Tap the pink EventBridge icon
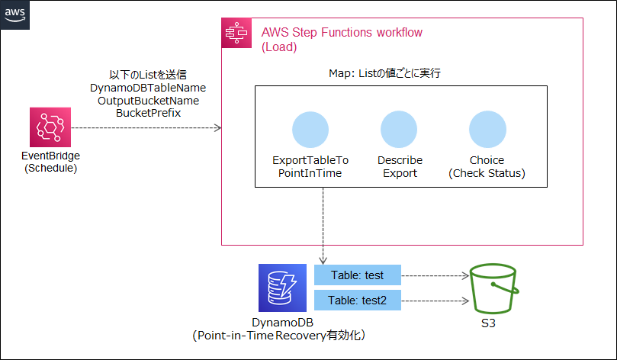50,127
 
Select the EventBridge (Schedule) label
50,162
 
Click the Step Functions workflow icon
236,34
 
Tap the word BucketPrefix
148,112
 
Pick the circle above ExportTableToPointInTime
310,130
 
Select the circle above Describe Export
399,130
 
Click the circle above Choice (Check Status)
487,130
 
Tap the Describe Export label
400,166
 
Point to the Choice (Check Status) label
487,166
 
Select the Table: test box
358,275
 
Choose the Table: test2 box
358,301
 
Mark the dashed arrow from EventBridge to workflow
145,127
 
